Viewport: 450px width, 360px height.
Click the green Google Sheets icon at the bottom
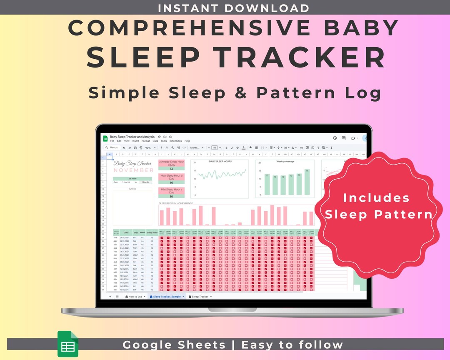coord(67,344)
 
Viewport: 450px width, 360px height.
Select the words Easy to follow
coord(292,345)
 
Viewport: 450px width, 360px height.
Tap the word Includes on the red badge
coord(376,197)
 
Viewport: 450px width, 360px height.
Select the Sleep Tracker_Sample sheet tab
coord(167,297)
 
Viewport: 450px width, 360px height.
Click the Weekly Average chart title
coord(285,162)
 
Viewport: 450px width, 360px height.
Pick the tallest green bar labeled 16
coord(307,182)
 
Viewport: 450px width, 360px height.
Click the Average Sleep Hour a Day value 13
coord(171,169)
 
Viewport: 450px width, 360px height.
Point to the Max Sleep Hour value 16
coord(171,182)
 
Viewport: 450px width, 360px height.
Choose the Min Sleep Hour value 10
coord(171,196)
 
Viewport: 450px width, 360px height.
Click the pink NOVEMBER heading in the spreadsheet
coord(133,170)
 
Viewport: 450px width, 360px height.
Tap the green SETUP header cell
coord(132,179)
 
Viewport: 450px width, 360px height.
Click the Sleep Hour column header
coord(152,232)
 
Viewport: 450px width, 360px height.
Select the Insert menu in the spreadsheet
coord(135,141)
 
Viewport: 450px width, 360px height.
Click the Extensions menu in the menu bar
coord(175,141)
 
